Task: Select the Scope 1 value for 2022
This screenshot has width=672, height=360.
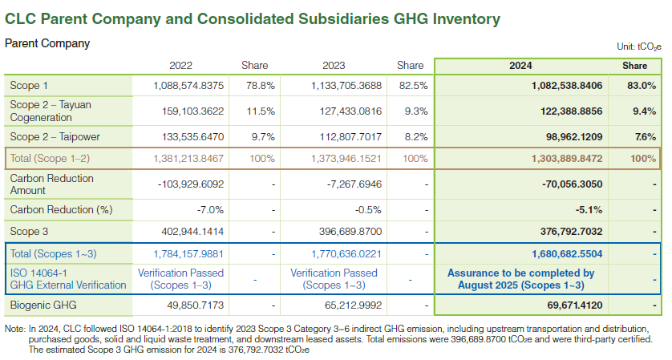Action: [x=188, y=85]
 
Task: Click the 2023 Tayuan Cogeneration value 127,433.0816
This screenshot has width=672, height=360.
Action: [x=345, y=111]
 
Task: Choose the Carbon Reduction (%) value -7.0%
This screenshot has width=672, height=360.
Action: [x=210, y=210]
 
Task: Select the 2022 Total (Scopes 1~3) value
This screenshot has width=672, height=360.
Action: [x=188, y=255]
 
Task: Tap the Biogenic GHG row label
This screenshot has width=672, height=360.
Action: [x=44, y=305]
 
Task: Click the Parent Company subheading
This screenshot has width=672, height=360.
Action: [x=47, y=43]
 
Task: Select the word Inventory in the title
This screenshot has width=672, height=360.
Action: [x=459, y=18]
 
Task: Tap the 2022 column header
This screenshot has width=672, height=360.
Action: [x=180, y=66]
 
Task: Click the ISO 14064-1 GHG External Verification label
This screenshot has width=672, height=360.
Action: [x=67, y=278]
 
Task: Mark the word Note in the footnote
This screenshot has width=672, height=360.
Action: [x=15, y=329]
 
